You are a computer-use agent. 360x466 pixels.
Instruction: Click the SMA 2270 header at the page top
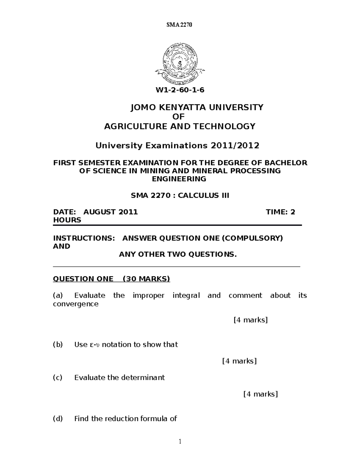pyautogui.click(x=179, y=25)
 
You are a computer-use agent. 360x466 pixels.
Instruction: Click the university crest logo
pyautogui.click(x=180, y=63)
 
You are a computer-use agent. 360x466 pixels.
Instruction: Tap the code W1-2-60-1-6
pyautogui.click(x=180, y=90)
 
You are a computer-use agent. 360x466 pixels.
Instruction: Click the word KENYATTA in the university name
pyautogui.click(x=182, y=107)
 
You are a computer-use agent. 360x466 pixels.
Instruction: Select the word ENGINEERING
pyautogui.click(x=179, y=179)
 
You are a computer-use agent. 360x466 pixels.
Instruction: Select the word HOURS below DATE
pyautogui.click(x=67, y=220)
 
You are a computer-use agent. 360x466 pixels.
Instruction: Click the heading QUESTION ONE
pyautogui.click(x=83, y=279)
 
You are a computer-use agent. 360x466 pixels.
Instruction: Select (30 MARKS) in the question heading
pyautogui.click(x=146, y=279)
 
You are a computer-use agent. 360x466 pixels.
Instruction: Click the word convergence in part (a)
pyautogui.click(x=76, y=304)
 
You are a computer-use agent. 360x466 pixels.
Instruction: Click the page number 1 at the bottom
pyautogui.click(x=180, y=441)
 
